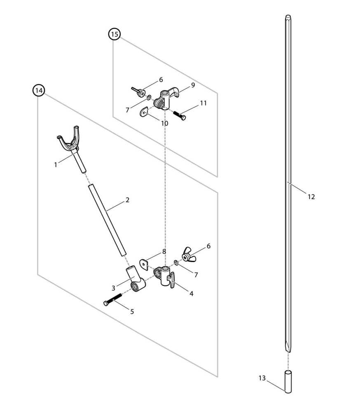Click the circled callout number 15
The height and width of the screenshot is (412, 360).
(x=114, y=34)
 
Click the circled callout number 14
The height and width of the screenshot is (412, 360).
(x=38, y=90)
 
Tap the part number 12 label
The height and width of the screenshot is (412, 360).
(x=311, y=197)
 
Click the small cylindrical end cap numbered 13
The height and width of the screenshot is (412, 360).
(x=288, y=382)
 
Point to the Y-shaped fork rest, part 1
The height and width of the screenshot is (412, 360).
(x=72, y=140)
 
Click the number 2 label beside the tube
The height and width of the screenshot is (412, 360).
(x=127, y=200)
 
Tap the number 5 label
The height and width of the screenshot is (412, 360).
(x=132, y=312)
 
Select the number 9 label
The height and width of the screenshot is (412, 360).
(x=193, y=85)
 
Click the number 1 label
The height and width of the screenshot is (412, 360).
(x=56, y=164)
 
